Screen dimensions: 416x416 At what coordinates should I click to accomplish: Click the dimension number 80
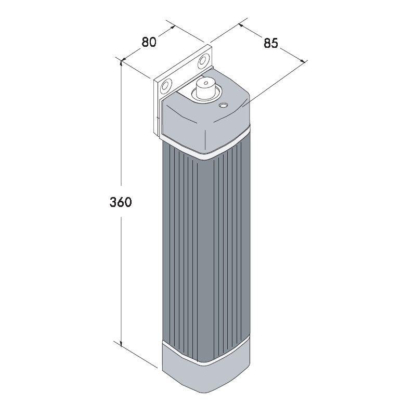coord(149,42)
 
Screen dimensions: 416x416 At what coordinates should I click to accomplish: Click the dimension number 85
coord(271,43)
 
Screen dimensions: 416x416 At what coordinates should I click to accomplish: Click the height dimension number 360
coord(121,202)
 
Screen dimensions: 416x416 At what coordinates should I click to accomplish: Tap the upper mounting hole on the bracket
coord(203,61)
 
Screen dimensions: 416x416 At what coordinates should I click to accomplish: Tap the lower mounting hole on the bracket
coord(165,86)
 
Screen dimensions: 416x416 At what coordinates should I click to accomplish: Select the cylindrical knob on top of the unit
coord(205,87)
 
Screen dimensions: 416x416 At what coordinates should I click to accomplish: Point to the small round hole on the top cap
coord(223,106)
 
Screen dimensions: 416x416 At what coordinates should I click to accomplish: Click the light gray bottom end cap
coord(206,371)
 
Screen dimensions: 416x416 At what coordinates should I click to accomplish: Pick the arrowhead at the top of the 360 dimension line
coord(121,62)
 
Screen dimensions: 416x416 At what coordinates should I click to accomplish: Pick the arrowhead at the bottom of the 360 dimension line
coord(121,344)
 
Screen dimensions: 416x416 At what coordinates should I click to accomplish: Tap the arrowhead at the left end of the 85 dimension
coord(241,25)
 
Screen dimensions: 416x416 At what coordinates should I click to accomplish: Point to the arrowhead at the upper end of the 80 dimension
coord(173,27)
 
